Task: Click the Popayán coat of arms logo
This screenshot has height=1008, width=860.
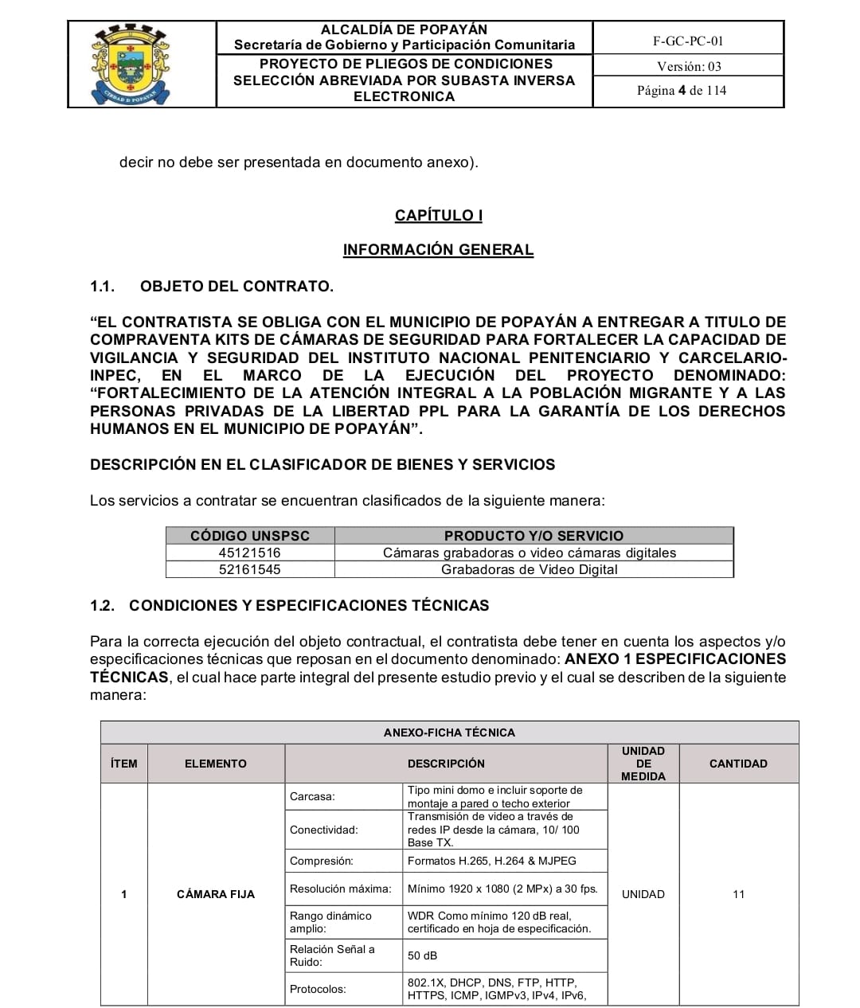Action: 131,64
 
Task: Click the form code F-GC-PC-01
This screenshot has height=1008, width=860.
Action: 688,41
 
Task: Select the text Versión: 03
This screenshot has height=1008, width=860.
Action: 689,66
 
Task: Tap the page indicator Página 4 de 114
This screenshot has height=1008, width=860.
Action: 682,91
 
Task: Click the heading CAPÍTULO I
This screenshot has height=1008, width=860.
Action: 439,215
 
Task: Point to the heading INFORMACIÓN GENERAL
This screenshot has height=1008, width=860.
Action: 438,250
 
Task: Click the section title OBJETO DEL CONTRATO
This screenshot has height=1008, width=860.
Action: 236,286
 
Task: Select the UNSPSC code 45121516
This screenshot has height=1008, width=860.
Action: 250,553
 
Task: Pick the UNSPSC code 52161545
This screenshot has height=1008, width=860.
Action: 250,569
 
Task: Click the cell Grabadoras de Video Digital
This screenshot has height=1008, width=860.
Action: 530,569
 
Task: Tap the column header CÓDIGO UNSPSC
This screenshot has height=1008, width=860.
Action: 250,536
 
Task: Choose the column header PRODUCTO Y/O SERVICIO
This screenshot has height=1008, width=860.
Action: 534,536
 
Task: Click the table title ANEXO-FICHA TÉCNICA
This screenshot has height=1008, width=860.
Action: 449,733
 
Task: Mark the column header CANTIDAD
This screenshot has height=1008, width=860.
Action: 738,764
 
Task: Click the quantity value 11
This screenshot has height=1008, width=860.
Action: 738,894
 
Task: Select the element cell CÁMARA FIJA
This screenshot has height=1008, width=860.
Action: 216,894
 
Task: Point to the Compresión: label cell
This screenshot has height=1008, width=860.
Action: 322,861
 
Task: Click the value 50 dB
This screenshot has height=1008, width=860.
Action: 423,955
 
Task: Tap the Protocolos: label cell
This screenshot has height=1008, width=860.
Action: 318,989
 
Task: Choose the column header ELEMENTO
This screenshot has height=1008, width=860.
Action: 216,764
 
